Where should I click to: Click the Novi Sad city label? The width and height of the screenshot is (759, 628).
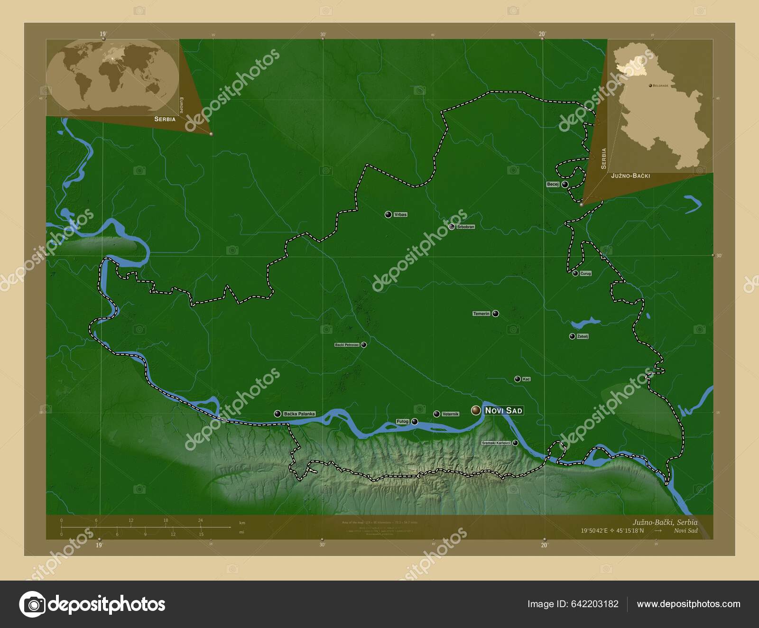coord(503,410)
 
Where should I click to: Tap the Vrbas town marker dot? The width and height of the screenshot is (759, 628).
coord(389,214)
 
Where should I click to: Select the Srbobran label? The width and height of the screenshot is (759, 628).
coord(465,227)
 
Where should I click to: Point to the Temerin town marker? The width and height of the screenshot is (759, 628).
coord(495,314)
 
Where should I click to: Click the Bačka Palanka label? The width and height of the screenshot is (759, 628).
coord(299,414)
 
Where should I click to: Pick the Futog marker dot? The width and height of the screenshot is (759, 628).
coord(415,421)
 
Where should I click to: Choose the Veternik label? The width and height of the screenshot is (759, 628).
coord(450,414)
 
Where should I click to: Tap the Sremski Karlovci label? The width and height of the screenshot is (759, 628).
coord(496,443)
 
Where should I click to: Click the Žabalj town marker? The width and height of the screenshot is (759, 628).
coord(572,336)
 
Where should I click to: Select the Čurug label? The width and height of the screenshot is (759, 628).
coord(585,274)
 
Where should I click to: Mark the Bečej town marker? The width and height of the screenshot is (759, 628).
coord(565,184)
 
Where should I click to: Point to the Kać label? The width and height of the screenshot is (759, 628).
coord(526,379)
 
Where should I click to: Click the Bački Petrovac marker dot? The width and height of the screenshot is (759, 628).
coord(363,345)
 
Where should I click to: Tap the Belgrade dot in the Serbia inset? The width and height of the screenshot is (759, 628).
coord(650,86)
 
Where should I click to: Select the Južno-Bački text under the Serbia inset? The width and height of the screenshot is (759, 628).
coord(630,176)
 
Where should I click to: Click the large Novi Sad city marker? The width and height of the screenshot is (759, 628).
coord(476,410)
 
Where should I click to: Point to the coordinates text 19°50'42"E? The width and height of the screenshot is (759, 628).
coord(597,531)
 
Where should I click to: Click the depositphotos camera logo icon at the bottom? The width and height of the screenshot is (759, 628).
coord(32,604)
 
